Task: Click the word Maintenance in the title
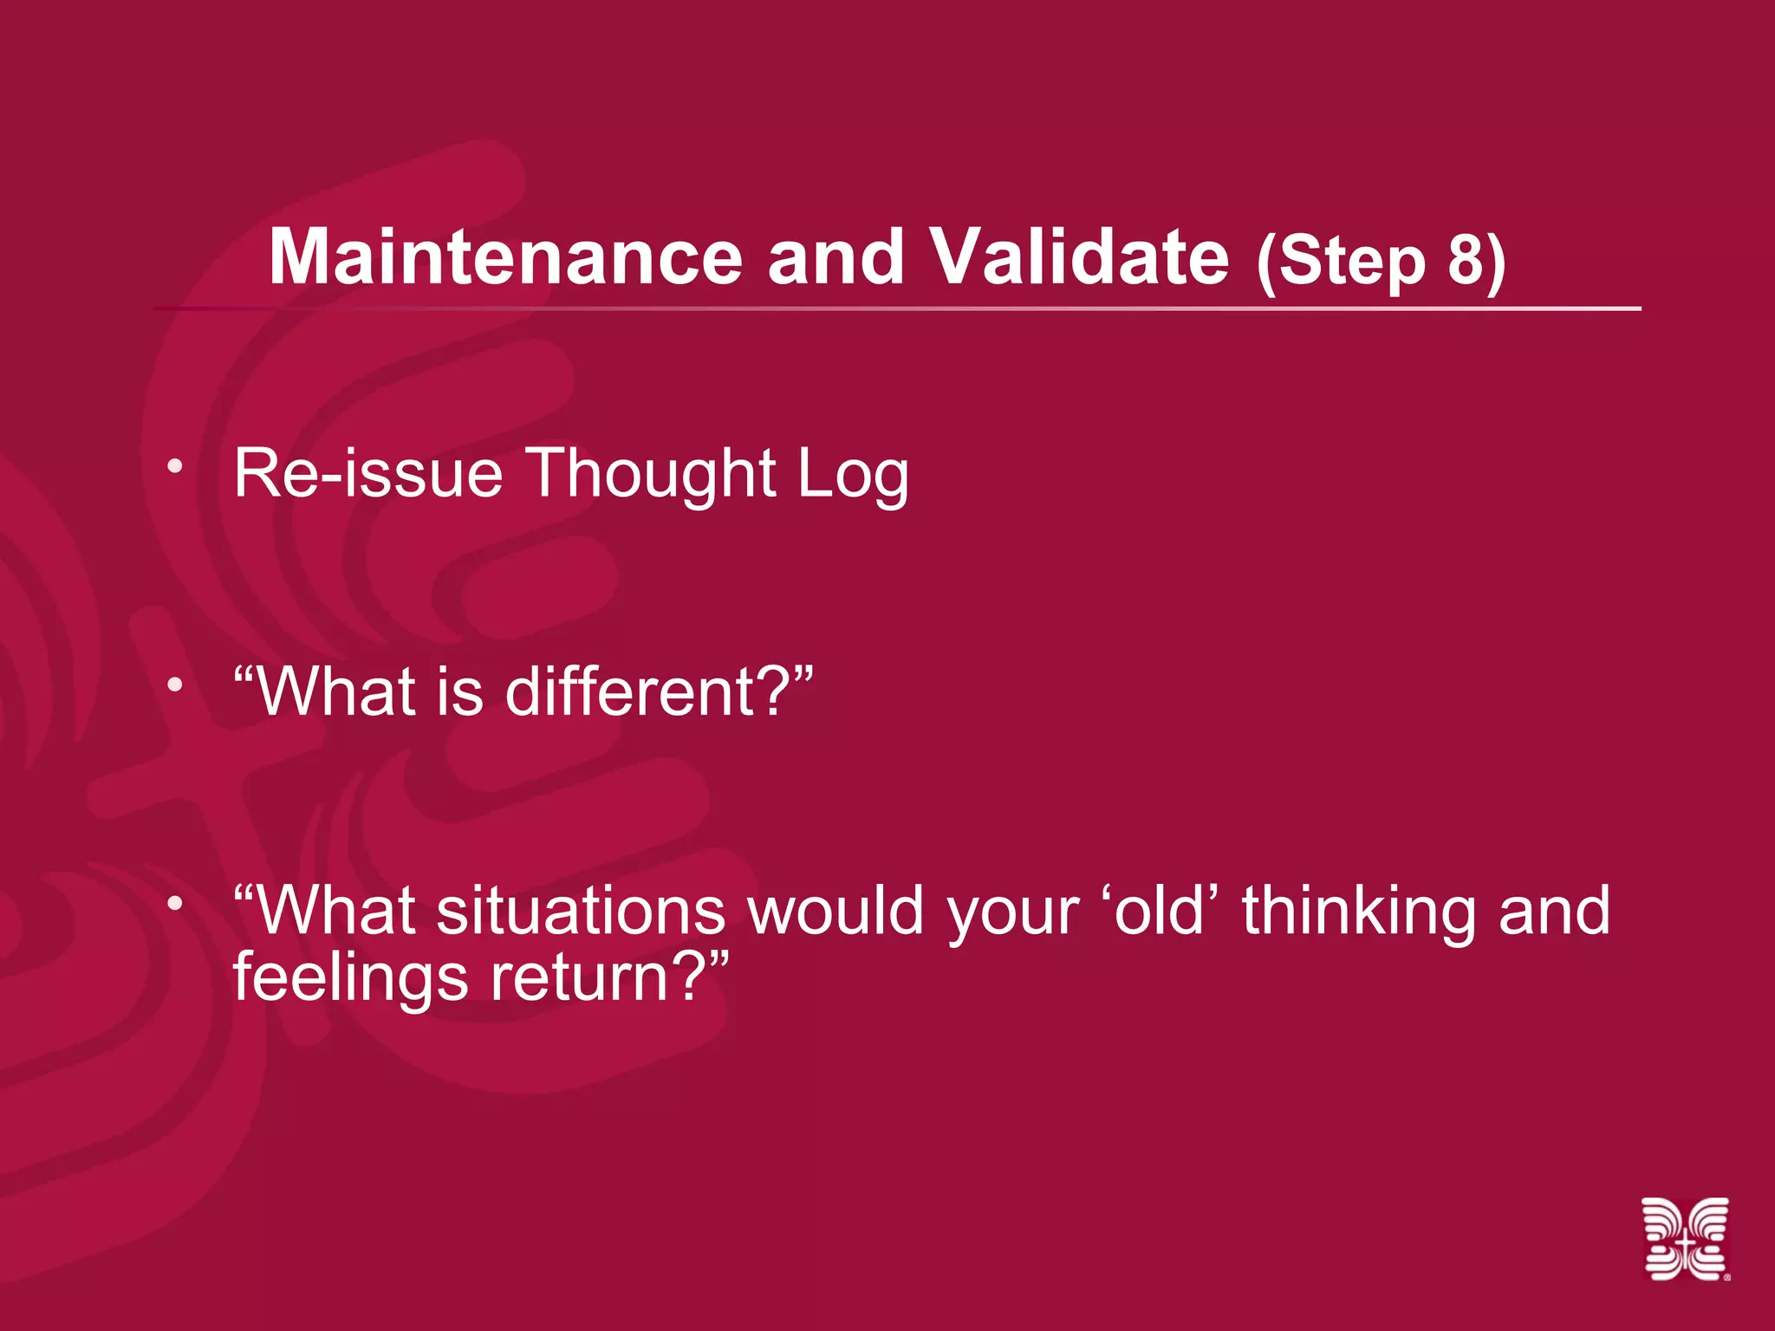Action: [x=505, y=257]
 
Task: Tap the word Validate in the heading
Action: [x=1079, y=257]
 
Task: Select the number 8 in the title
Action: [x=1466, y=260]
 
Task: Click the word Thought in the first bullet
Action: [x=651, y=474]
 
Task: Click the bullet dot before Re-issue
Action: [x=176, y=467]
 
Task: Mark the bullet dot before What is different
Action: [x=176, y=685]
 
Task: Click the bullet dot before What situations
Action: [x=176, y=904]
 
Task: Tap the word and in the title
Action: [x=835, y=257]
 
